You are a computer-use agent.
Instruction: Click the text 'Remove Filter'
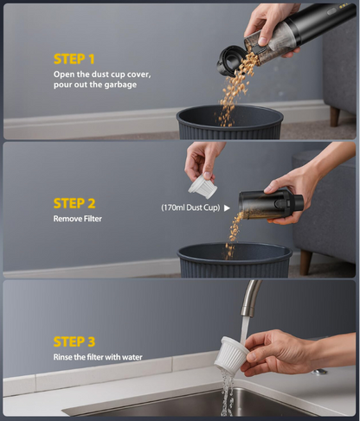pos(77,220)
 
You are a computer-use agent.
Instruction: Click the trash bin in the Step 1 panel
pos(230,123)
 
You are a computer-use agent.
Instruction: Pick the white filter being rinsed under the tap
pos(240,354)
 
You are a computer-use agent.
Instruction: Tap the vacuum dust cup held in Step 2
pos(270,205)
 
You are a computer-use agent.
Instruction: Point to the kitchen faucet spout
pos(246,299)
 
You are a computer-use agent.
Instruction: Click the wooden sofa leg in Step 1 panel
pos(334,116)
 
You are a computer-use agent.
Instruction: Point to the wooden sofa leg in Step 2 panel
pos(305,261)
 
